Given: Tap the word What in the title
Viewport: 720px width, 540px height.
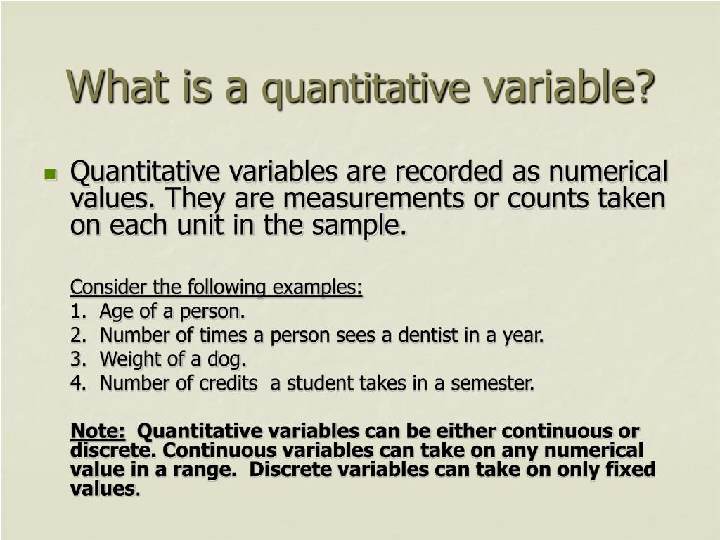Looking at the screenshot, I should pyautogui.click(x=112, y=86).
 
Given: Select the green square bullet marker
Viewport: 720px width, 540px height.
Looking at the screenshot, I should pyautogui.click(x=50, y=174).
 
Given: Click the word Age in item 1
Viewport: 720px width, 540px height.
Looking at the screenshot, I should pyautogui.click(x=115, y=311).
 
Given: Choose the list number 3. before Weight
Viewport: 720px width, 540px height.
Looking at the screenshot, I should pyautogui.click(x=77, y=359).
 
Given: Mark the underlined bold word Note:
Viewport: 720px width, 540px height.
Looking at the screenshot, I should pyautogui.click(x=98, y=431).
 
